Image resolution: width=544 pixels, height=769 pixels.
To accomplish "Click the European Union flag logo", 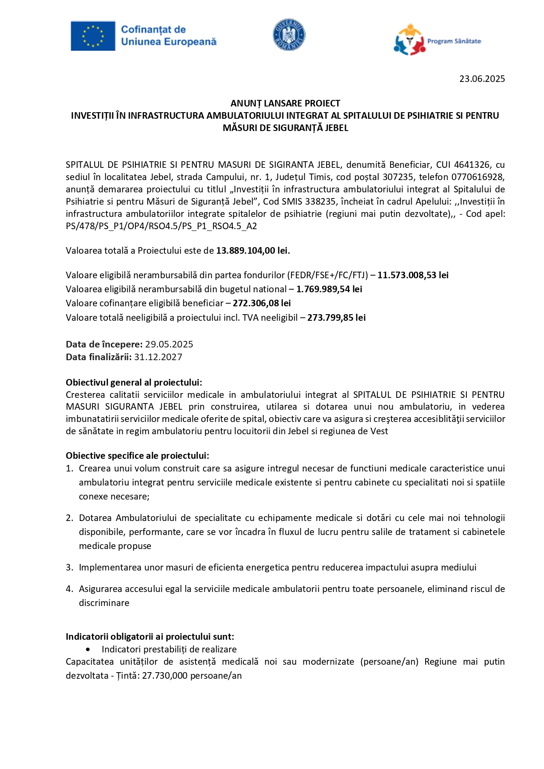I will (x=93, y=35).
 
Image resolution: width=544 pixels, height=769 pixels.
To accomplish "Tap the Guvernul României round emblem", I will (x=289, y=35).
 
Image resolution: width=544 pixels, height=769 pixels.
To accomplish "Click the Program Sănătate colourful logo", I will (x=410, y=40).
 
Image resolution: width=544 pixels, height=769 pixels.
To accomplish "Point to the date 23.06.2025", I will (x=482, y=79).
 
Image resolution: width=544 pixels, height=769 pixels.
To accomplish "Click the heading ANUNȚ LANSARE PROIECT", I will (x=285, y=103).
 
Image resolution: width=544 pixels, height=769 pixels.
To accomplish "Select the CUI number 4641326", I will (x=472, y=165).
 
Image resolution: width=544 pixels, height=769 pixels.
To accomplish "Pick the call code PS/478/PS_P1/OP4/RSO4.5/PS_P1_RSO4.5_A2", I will (x=161, y=226).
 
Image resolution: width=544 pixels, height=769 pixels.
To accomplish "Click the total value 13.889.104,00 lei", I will (x=252, y=251).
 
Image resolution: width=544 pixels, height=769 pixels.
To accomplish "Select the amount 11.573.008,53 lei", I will (x=413, y=275).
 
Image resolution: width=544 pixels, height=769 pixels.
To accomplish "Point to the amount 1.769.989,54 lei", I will (x=329, y=289).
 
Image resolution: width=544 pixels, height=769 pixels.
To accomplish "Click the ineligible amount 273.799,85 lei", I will (x=336, y=318).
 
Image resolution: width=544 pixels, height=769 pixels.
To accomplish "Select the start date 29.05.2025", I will (x=169, y=344).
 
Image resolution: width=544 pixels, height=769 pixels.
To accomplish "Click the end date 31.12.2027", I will (x=158, y=357).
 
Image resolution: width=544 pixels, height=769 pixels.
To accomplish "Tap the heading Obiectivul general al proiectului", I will (x=134, y=383).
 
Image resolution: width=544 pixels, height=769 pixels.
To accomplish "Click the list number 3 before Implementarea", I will (x=69, y=567).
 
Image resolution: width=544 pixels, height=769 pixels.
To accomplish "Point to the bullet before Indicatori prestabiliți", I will (x=89, y=649).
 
